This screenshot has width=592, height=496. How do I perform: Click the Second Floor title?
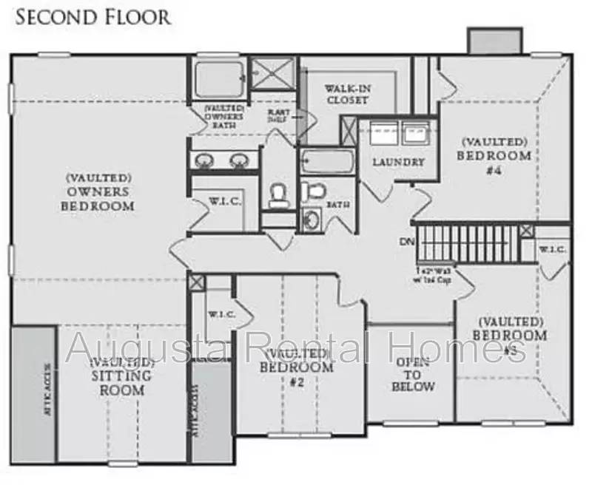(x=92, y=16)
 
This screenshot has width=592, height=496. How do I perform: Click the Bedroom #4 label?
(x=494, y=155)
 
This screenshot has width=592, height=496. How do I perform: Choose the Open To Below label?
(x=414, y=374)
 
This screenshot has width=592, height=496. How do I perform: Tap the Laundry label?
(x=398, y=162)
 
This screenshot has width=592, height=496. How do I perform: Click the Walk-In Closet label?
(x=347, y=95)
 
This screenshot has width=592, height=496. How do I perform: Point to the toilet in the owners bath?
(x=279, y=194)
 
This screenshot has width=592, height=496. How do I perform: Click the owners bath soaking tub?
(x=220, y=78)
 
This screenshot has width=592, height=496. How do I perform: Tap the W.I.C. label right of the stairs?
(x=552, y=250)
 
